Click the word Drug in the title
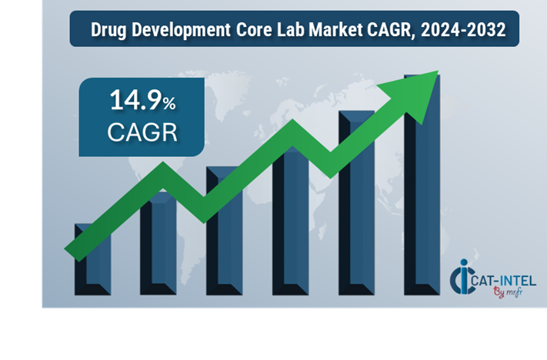108,32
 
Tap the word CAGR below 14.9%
142,132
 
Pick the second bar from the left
158,246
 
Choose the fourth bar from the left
290,223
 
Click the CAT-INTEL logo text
504,281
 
